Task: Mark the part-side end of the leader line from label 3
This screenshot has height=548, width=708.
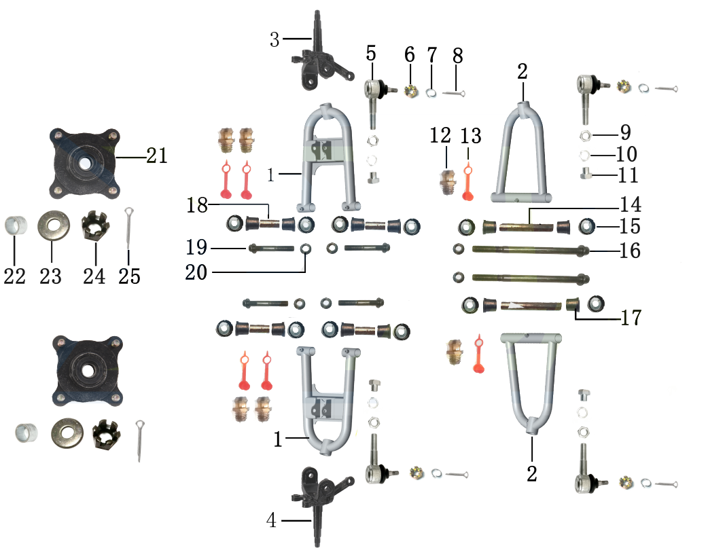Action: [x=312, y=39]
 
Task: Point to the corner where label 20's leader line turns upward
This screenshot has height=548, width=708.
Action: [x=305, y=272]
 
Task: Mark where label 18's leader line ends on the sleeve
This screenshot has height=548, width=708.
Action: [x=270, y=219]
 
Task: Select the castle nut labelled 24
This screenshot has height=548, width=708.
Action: [x=95, y=225]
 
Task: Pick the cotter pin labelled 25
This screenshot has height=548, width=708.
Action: [x=130, y=228]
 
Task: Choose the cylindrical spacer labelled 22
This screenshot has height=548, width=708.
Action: [x=16, y=225]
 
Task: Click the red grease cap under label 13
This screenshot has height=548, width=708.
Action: [x=467, y=183]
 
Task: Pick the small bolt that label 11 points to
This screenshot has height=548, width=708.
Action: [x=586, y=173]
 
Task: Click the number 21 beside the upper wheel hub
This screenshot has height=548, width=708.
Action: [x=157, y=156]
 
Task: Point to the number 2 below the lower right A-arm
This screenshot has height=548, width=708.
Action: [x=532, y=473]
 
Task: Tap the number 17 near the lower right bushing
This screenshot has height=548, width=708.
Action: [x=631, y=318]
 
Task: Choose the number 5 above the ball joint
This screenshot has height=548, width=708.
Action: [x=371, y=53]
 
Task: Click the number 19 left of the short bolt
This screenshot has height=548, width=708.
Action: [x=196, y=247]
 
